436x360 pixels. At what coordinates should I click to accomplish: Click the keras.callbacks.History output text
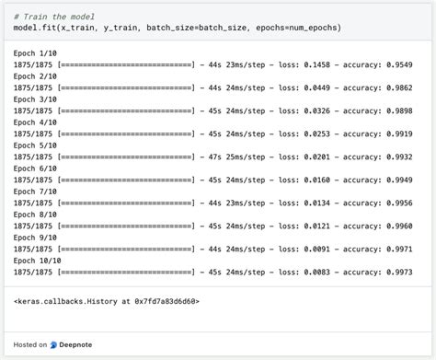tap(106, 301)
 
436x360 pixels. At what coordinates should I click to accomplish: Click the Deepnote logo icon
tap(54, 344)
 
